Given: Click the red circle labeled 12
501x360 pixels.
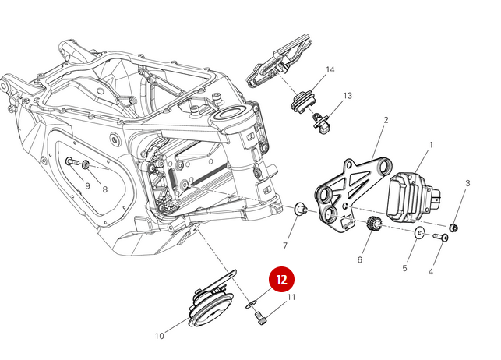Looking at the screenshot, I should [282, 278].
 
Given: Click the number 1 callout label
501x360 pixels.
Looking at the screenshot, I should [431, 145].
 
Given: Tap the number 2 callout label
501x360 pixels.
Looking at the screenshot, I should [386, 120].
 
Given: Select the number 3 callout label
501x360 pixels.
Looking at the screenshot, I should [467, 183].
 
